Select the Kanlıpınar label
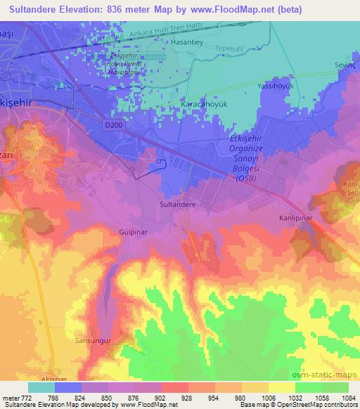pos(295,219)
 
